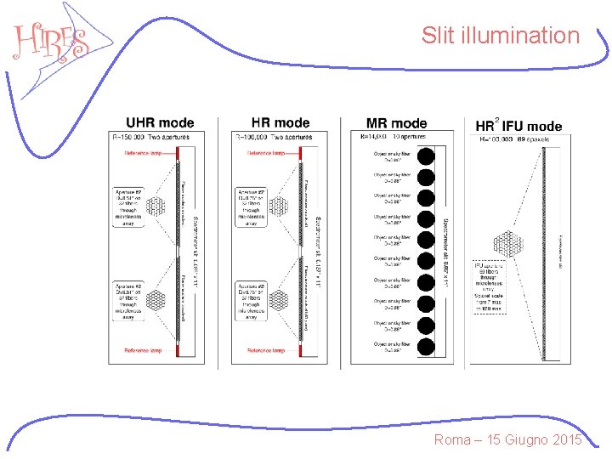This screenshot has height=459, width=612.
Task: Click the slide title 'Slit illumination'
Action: click(x=500, y=36)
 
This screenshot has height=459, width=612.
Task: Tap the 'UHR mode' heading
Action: click(x=160, y=124)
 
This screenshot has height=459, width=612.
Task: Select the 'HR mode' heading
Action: click(x=280, y=124)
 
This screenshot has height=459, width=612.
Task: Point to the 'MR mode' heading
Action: click(x=396, y=124)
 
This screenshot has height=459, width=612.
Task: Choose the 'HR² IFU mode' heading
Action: click(x=518, y=126)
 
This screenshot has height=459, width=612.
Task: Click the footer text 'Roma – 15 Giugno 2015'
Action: click(x=507, y=439)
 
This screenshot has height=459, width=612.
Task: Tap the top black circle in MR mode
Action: click(x=426, y=156)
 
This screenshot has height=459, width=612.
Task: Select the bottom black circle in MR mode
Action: click(x=426, y=345)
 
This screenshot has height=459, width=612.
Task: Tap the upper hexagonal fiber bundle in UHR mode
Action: click(x=156, y=206)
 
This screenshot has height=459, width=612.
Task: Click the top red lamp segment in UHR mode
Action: click(x=178, y=154)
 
